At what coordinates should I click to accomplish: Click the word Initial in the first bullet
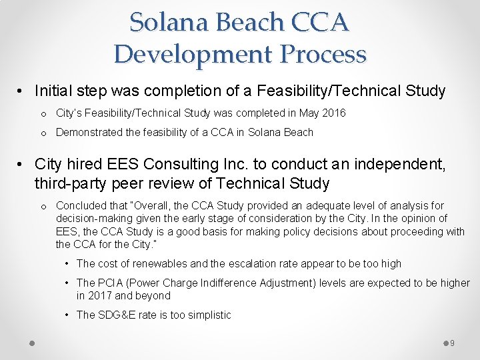coord(52,91)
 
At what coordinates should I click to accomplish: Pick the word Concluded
coord(82,205)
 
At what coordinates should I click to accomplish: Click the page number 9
coord(452,343)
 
